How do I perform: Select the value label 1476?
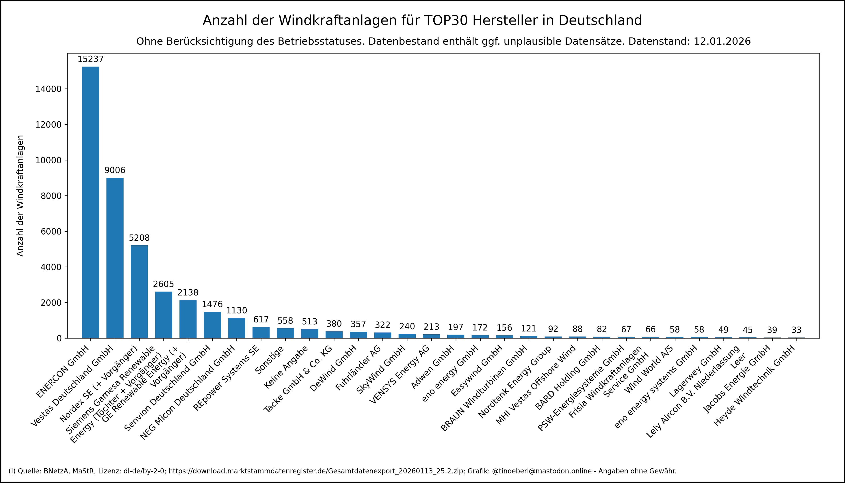(212, 304)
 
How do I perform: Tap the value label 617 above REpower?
(261, 319)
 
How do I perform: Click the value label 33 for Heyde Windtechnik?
(796, 330)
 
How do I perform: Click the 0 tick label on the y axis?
(59, 338)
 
